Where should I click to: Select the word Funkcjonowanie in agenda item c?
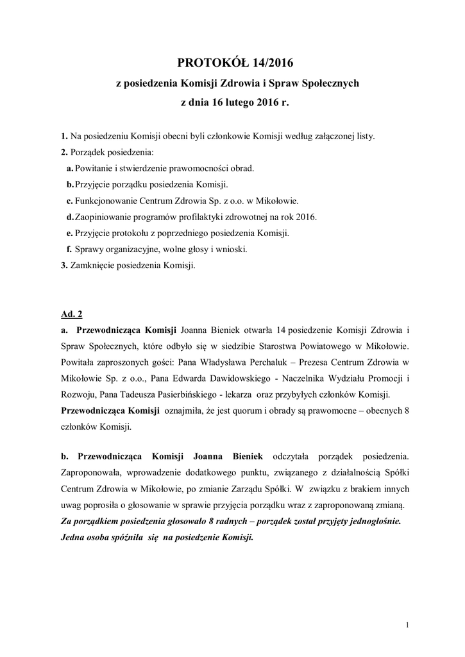tap(105, 200)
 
